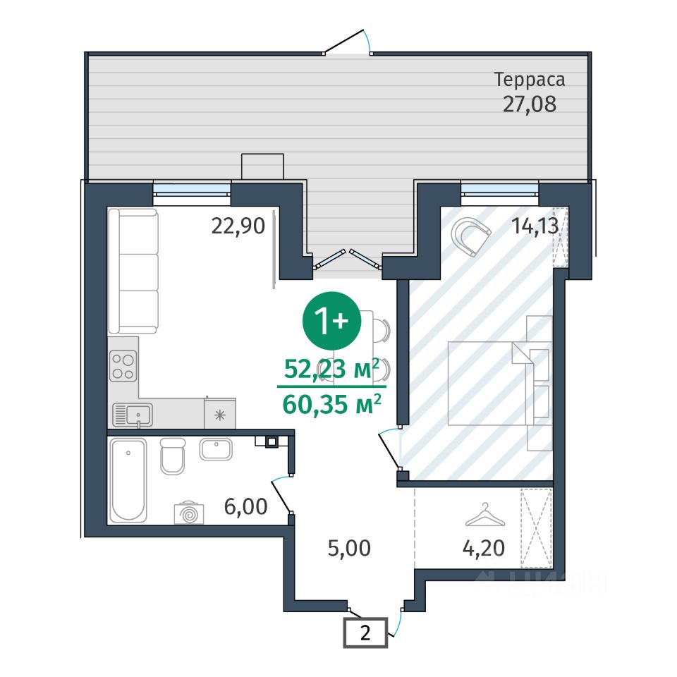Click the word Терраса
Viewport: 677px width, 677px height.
[530, 80]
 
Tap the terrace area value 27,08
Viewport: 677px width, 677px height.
[530, 104]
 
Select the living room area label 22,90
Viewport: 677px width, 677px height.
[238, 226]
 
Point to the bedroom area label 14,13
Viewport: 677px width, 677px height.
[535, 226]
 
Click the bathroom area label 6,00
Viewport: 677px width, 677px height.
[245, 506]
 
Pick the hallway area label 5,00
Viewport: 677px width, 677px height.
[349, 549]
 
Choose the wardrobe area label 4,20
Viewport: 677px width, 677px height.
[484, 549]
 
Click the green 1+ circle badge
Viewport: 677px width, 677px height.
[331, 320]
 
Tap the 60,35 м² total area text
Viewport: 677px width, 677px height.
[331, 404]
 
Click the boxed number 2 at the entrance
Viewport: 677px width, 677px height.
[365, 633]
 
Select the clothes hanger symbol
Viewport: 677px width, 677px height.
[485, 515]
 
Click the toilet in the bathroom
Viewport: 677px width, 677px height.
[173, 456]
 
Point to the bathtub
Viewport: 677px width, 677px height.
[128, 480]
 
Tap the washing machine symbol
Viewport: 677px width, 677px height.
[189, 513]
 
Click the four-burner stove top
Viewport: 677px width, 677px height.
[123, 366]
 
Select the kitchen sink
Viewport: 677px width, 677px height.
[133, 415]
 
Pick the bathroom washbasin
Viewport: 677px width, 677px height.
[216, 449]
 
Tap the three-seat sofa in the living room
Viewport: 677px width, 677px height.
[133, 271]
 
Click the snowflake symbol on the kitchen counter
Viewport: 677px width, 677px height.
[220, 415]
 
